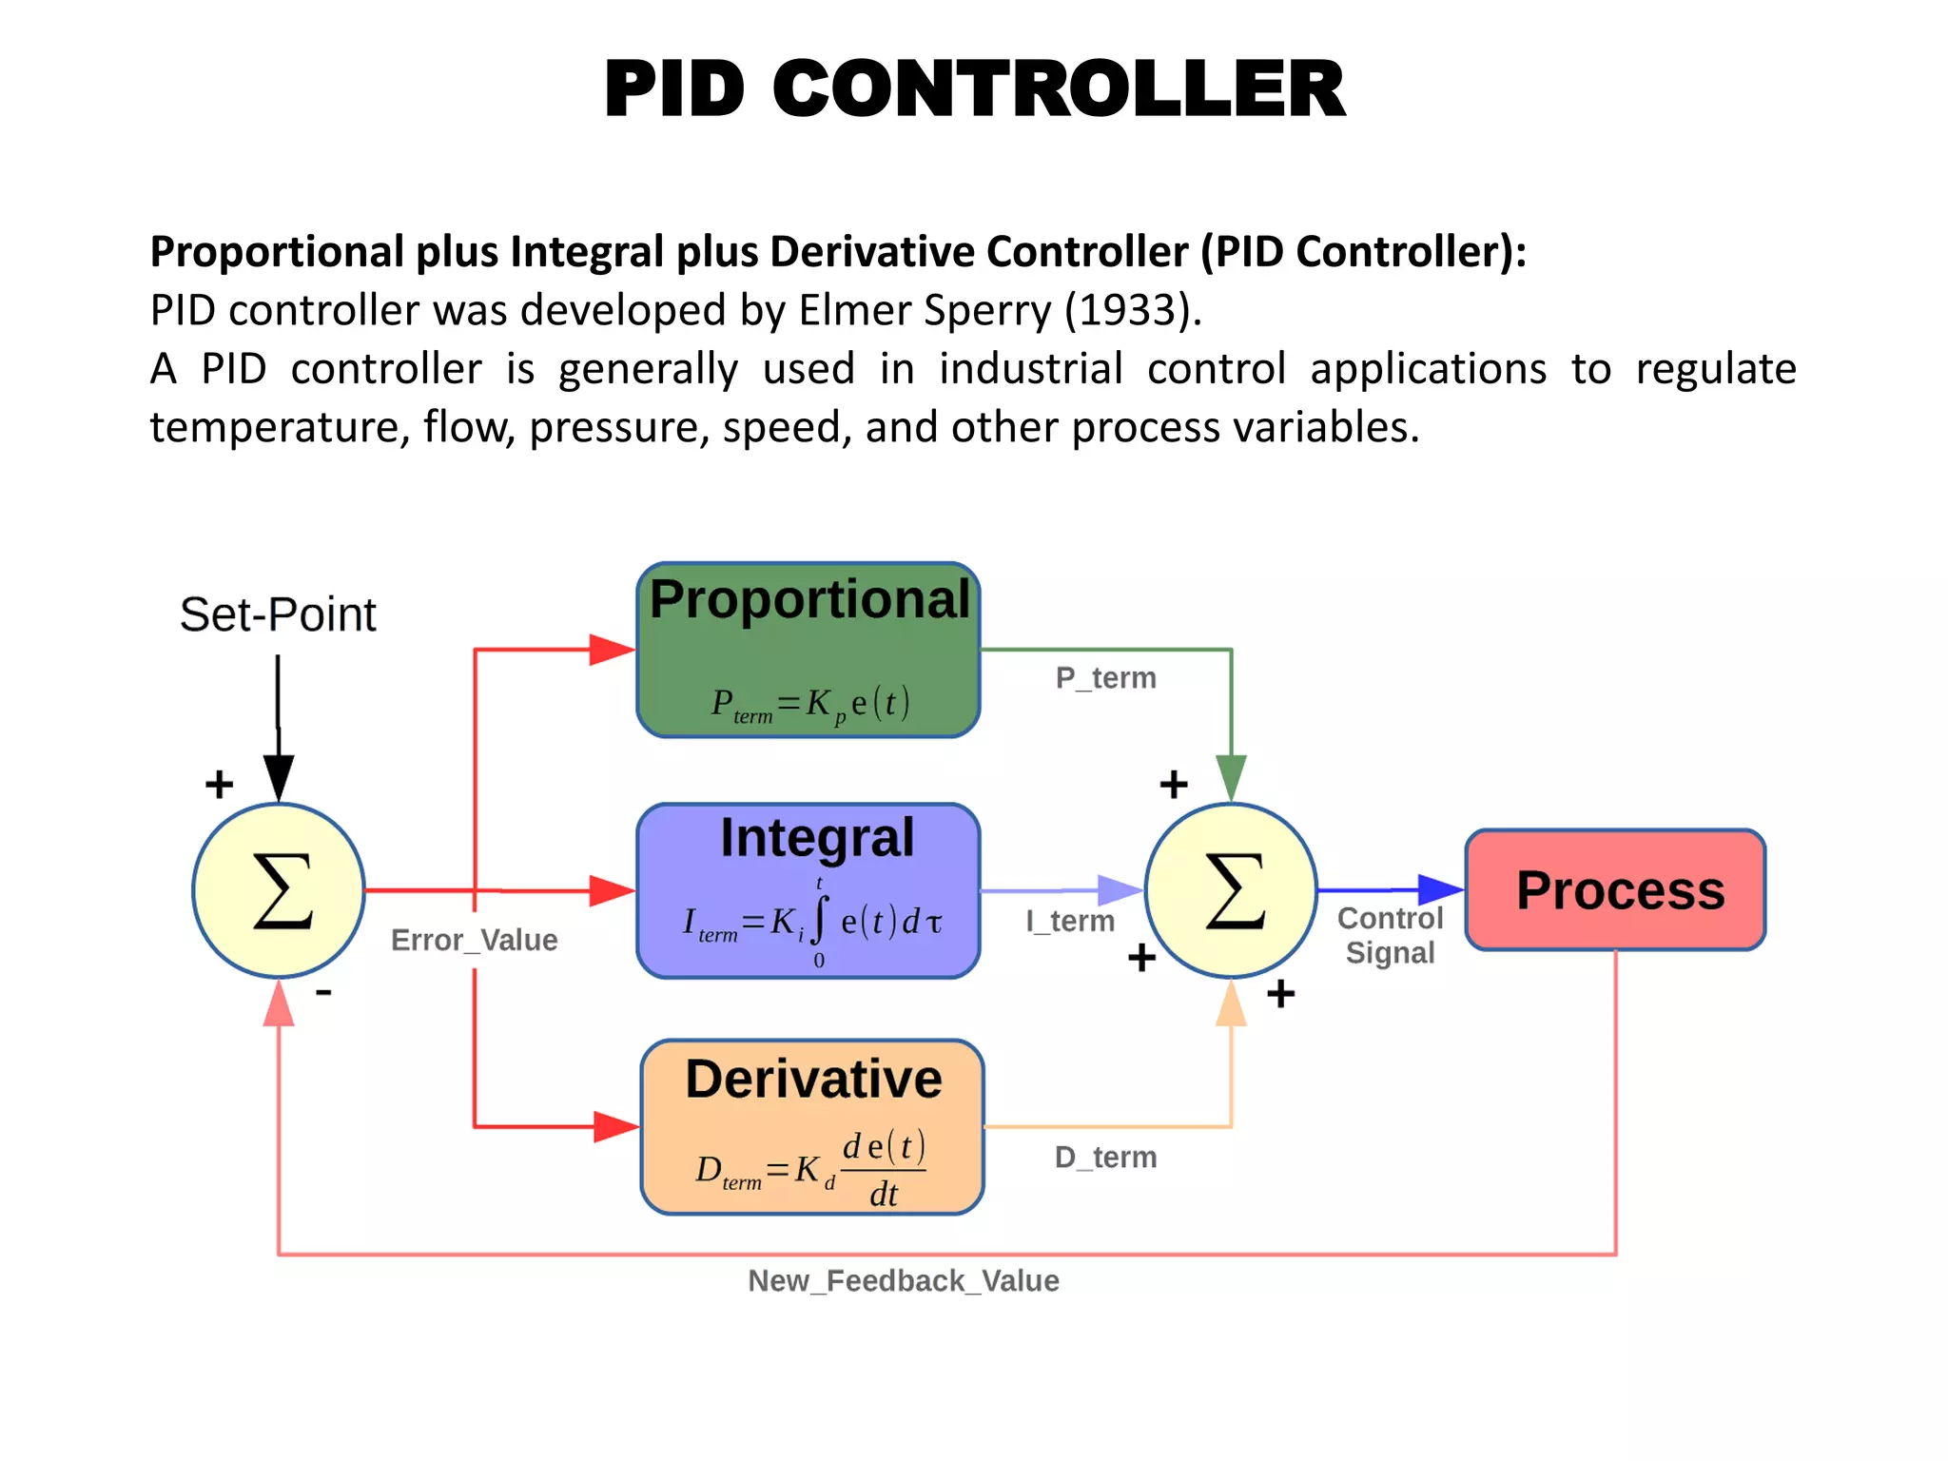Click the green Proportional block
(808, 650)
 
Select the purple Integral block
(808, 890)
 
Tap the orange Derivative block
(811, 1126)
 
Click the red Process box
(1615, 889)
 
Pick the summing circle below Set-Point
(279, 890)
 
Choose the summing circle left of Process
(1231, 890)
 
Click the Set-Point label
(278, 614)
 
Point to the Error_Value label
(474, 940)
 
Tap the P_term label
(1105, 678)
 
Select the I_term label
(1070, 921)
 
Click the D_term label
(1105, 1158)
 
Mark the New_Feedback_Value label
(903, 1281)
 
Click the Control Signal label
(1390, 935)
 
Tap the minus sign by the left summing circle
(323, 993)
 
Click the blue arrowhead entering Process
(1440, 889)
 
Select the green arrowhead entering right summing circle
(1231, 777)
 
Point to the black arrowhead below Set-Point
(278, 777)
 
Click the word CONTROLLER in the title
(1059, 88)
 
